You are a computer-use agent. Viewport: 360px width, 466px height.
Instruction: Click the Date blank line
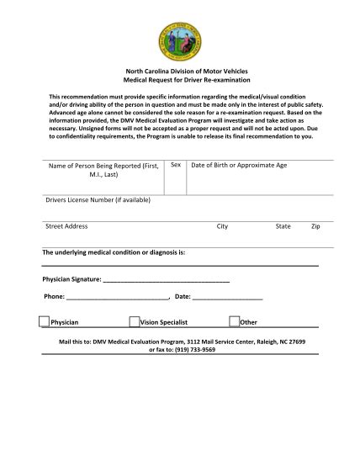[227, 297]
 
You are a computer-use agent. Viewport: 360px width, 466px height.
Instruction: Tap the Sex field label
[177, 165]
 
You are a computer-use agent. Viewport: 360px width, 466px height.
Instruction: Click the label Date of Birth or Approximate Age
[239, 165]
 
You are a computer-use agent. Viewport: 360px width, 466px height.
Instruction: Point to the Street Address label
[66, 226]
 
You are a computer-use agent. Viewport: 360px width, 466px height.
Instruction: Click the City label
[222, 226]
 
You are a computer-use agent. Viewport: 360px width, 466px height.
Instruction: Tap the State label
[283, 226]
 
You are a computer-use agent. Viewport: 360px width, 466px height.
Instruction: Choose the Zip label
[315, 226]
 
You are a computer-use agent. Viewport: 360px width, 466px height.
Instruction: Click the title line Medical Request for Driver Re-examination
[179, 82]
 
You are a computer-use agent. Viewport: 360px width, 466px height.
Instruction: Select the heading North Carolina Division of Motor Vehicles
[179, 74]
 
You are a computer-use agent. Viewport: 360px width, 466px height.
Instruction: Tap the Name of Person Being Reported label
[103, 170]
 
